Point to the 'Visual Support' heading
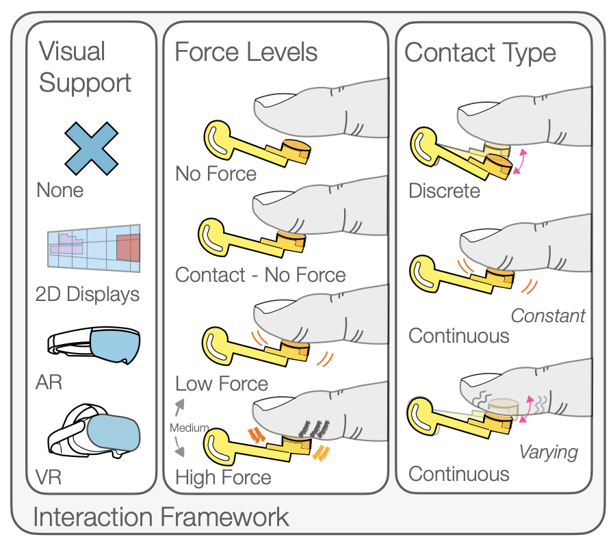pyautogui.click(x=85, y=67)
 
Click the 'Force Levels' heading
pyautogui.click(x=246, y=52)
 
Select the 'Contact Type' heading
pyautogui.click(x=480, y=53)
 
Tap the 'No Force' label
pyautogui.click(x=216, y=174)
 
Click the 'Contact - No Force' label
pyautogui.click(x=261, y=275)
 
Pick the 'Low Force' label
pyautogui.click(x=222, y=383)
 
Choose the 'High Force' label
pyautogui.click(x=223, y=477)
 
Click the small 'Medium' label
pyautogui.click(x=190, y=428)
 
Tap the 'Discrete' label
pyautogui.click(x=444, y=190)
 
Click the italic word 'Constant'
pyautogui.click(x=548, y=315)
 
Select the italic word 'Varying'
pyautogui.click(x=548, y=452)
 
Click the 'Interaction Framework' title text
pyautogui.click(x=161, y=517)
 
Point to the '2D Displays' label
pyautogui.click(x=88, y=294)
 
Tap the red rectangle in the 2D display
pyautogui.click(x=128, y=248)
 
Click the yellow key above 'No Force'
pyautogui.click(x=253, y=146)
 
